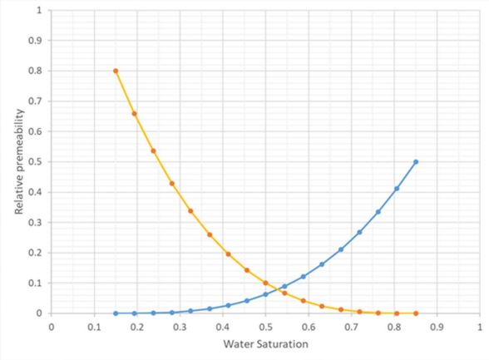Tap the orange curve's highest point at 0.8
(x=116, y=71)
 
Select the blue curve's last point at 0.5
(x=416, y=161)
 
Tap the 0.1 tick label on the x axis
(x=94, y=327)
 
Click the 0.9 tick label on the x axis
(x=437, y=327)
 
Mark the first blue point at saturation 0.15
(x=116, y=313)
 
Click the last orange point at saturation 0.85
(x=416, y=313)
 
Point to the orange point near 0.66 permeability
(x=134, y=114)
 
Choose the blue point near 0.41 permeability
(x=397, y=189)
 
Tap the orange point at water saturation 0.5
(x=265, y=284)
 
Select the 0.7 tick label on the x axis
(x=352, y=327)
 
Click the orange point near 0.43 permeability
(x=172, y=183)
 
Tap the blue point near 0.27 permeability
(x=359, y=232)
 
